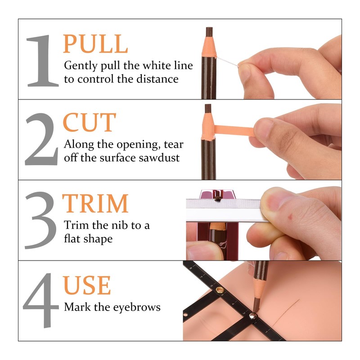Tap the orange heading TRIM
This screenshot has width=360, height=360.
[x=95, y=204]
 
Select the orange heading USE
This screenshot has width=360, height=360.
[x=87, y=284]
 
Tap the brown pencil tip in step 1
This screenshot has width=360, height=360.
[x=209, y=32]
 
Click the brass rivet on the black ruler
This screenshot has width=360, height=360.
[x=220, y=291]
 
